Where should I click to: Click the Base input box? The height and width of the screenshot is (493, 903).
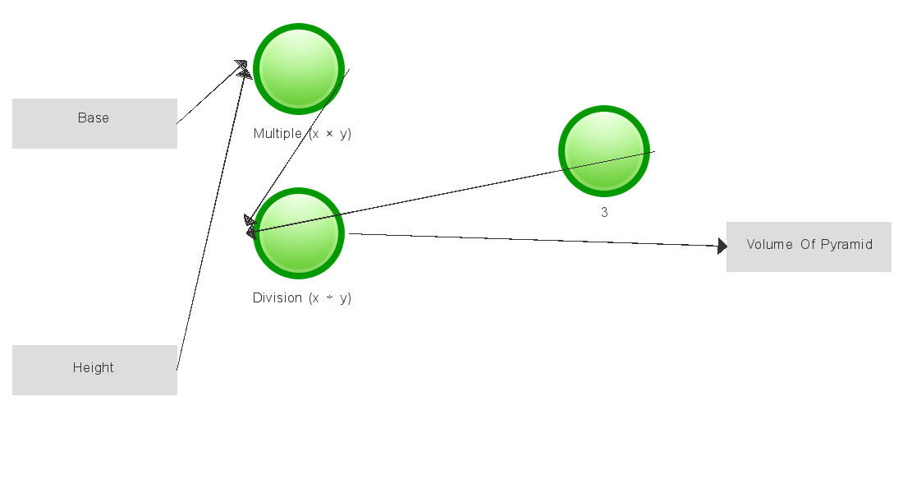click(94, 123)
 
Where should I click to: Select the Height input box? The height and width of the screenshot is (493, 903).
click(94, 371)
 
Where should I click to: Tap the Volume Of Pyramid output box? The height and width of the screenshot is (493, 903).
click(809, 246)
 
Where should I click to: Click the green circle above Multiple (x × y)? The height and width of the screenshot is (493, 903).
click(299, 69)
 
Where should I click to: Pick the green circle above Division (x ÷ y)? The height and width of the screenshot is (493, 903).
click(299, 233)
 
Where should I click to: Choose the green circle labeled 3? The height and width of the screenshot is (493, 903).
click(604, 151)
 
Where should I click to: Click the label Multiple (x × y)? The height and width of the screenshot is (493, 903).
click(302, 134)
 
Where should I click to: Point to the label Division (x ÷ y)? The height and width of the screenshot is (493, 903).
click(302, 298)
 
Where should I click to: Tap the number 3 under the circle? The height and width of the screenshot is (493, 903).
click(604, 213)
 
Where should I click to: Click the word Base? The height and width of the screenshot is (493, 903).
click(94, 117)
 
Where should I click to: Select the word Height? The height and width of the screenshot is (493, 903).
click(94, 368)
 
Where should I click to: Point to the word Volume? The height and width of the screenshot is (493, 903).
click(769, 245)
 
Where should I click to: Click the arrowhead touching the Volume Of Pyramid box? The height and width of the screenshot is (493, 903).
click(722, 246)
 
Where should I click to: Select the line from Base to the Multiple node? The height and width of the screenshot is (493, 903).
click(212, 94)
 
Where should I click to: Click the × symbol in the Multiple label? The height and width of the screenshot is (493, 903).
click(329, 134)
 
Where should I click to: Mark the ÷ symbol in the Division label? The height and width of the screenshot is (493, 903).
click(329, 298)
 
